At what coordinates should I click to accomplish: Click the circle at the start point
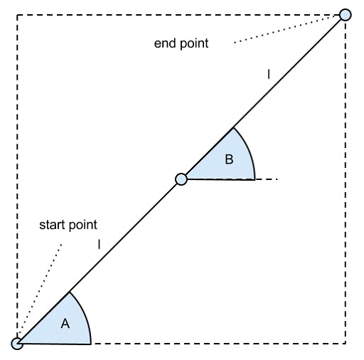(17, 344)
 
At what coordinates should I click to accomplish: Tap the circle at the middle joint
(181, 179)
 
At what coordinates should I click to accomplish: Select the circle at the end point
(346, 15)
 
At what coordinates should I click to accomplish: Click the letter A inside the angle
(65, 324)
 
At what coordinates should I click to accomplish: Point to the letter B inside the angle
(229, 159)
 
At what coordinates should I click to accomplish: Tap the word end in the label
(166, 43)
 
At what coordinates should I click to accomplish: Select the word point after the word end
(194, 44)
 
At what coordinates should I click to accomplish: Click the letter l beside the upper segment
(269, 74)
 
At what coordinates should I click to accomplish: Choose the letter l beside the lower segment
(99, 244)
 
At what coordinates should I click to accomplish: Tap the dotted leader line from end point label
(287, 28)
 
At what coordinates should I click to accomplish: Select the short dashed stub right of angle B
(267, 179)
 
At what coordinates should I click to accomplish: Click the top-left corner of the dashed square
(17, 15)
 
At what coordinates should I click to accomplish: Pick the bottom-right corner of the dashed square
(346, 343)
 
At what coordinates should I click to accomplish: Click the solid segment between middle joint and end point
(263, 97)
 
